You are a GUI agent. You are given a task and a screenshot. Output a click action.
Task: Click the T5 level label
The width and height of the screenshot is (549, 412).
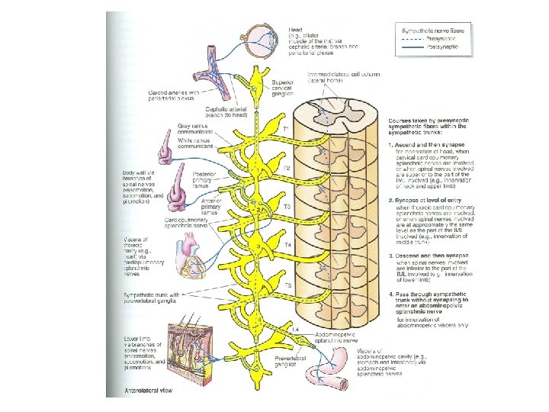287,285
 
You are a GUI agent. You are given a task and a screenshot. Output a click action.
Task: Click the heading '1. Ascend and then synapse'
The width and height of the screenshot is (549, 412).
431,144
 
